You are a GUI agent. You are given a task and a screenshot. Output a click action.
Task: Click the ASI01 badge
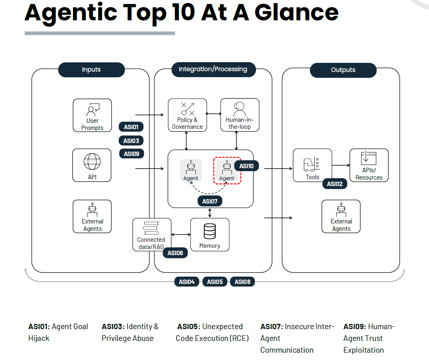(131, 127)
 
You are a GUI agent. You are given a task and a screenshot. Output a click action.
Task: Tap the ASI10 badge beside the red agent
(246, 166)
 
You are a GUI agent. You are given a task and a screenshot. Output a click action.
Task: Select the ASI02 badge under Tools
(335, 184)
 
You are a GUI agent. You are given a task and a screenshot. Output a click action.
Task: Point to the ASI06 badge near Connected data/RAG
(175, 253)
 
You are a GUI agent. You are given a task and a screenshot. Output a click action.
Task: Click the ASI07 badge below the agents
(210, 202)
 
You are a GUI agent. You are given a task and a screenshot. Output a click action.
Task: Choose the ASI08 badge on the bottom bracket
(243, 282)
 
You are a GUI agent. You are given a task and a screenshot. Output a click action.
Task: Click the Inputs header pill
(91, 69)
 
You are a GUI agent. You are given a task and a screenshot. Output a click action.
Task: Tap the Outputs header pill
(343, 70)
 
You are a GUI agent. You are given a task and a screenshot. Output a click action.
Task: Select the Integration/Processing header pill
(213, 69)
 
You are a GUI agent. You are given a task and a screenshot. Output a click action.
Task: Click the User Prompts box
(92, 115)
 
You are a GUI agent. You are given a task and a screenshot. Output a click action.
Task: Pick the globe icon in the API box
(92, 161)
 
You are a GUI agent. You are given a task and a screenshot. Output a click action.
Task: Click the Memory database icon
(210, 231)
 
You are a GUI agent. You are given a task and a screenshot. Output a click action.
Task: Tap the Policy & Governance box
(187, 115)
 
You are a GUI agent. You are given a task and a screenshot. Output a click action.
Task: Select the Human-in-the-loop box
(240, 115)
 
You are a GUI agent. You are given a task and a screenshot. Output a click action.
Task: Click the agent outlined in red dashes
(227, 171)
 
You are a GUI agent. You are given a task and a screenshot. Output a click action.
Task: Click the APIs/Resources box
(369, 165)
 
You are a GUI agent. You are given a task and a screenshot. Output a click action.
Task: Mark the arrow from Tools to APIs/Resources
(341, 165)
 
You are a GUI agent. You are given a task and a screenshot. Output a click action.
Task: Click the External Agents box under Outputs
(341, 217)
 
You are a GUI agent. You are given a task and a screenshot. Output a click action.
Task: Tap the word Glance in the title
(297, 13)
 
